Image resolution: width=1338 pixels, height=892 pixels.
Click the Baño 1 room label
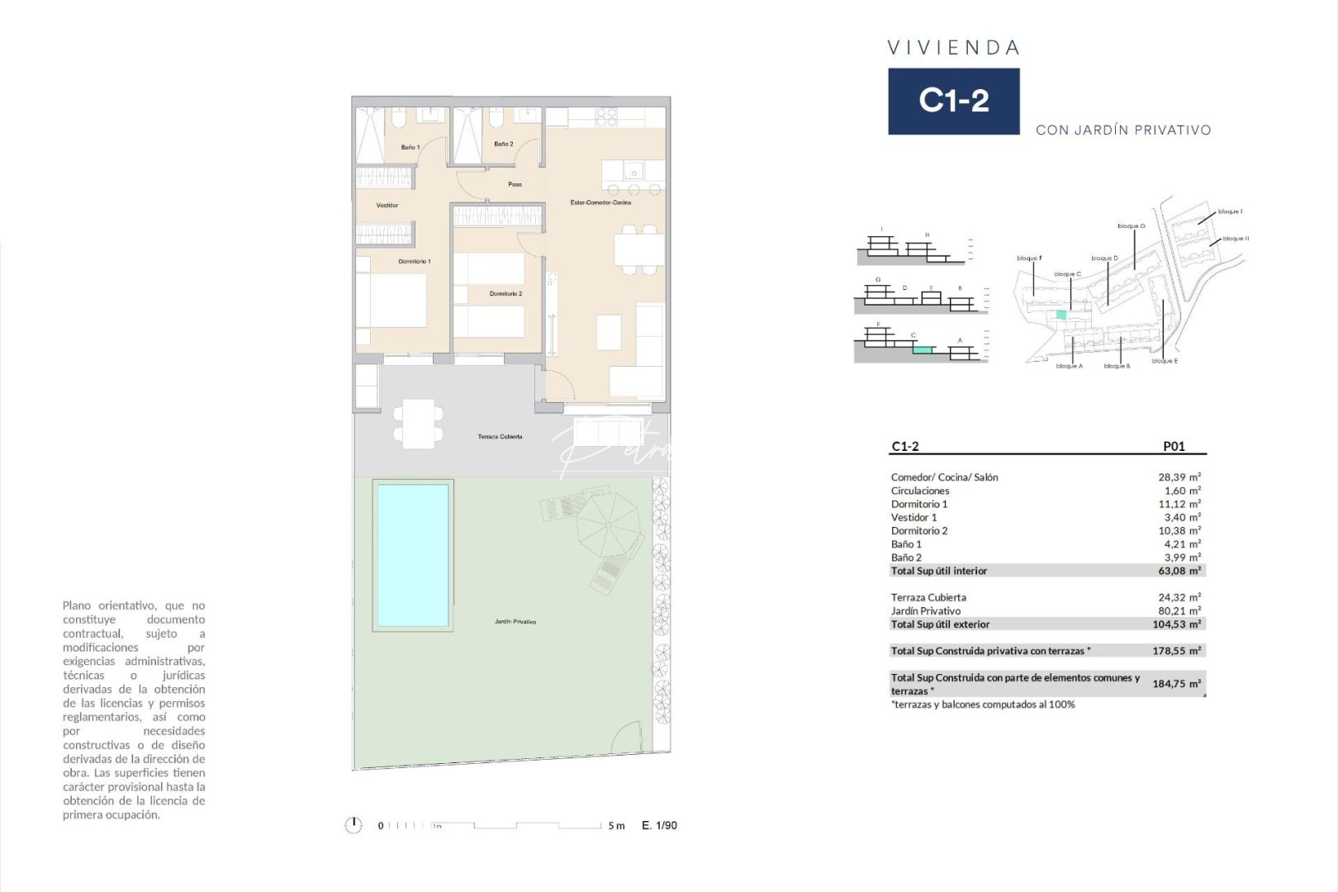410,148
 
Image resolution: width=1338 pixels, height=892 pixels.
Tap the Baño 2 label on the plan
504,145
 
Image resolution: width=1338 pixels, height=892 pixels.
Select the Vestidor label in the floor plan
387,206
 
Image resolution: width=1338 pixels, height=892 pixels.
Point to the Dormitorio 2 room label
505,294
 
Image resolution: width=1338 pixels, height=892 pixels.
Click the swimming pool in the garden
412,555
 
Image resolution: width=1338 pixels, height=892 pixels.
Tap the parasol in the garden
608,524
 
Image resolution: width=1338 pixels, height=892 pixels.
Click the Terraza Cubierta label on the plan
500,437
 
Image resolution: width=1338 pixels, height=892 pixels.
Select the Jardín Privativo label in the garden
515,622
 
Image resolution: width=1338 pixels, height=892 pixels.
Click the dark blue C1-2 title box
953,102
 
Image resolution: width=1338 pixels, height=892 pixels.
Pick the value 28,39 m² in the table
1179,477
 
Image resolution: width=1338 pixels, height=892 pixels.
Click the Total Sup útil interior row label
938,571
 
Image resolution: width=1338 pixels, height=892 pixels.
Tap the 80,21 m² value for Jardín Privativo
1179,611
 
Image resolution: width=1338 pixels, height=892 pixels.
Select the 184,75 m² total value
1176,684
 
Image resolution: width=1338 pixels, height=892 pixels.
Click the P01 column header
1174,447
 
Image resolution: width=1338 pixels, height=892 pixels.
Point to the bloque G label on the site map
1131,226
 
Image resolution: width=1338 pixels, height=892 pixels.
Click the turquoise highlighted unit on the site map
1061,315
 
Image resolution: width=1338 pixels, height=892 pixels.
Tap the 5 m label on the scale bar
616,826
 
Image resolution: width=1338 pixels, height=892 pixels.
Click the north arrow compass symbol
353,825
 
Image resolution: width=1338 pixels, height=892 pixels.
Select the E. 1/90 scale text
659,825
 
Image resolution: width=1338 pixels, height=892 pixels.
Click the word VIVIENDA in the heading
953,48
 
